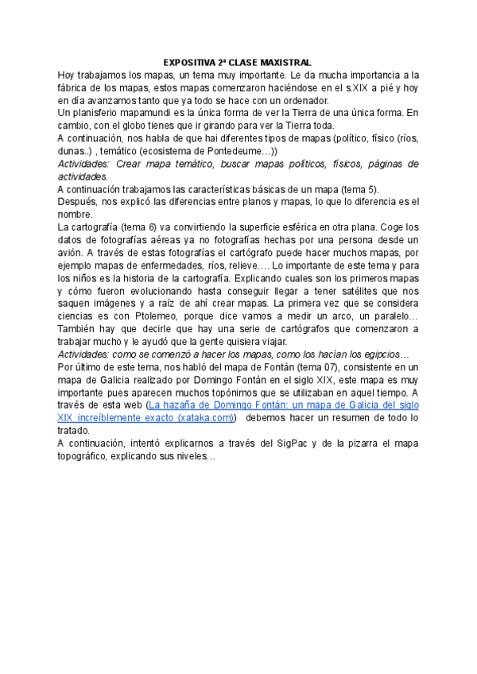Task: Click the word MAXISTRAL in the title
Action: coord(283,62)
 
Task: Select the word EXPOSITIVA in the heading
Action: coord(189,62)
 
